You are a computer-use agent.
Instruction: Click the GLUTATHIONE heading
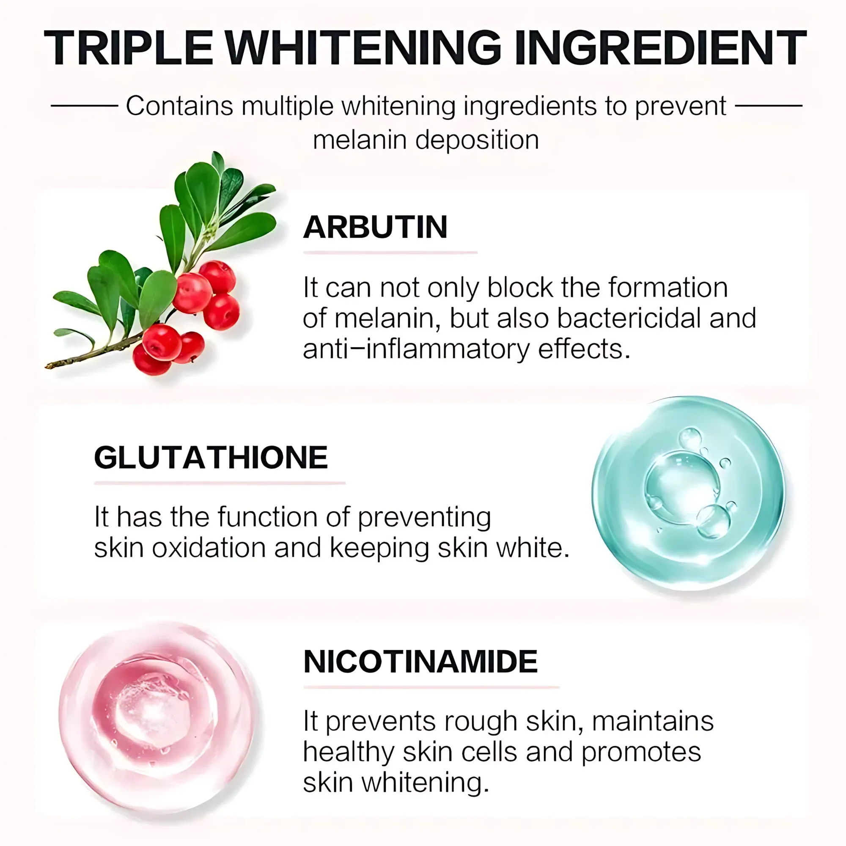211,457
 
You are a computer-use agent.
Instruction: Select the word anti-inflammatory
415,349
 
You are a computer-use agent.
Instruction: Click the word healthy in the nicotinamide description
349,752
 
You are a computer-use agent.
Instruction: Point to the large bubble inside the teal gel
682,488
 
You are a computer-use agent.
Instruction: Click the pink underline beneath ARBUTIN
390,253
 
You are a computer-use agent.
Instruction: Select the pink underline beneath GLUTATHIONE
220,483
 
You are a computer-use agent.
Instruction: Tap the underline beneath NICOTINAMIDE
431,687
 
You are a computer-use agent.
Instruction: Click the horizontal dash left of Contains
85,105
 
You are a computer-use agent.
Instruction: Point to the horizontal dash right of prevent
769,105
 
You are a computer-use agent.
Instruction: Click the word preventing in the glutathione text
424,518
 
